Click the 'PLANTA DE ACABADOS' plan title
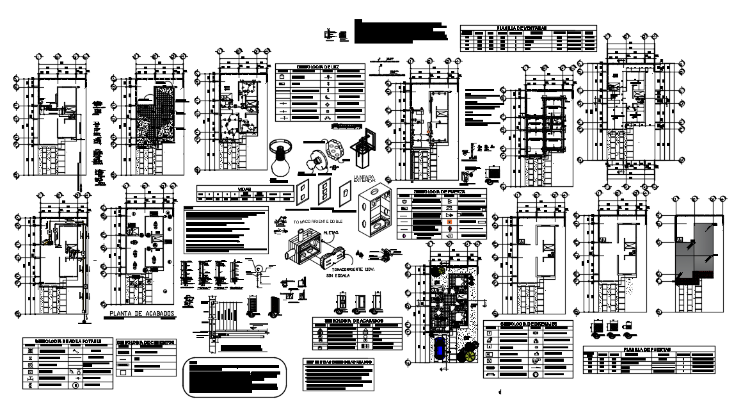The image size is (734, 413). coord(141,314)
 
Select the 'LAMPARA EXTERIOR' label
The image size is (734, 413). coord(365,179)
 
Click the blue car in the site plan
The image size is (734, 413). coord(441,350)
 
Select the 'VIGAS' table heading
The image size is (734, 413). coord(244,190)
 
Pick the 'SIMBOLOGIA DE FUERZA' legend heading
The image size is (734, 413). coord(442,191)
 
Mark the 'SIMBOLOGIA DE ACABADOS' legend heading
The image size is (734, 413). coord(356,320)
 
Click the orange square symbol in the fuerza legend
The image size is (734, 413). coord(449,222)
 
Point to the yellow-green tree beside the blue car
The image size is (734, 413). coord(470,354)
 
